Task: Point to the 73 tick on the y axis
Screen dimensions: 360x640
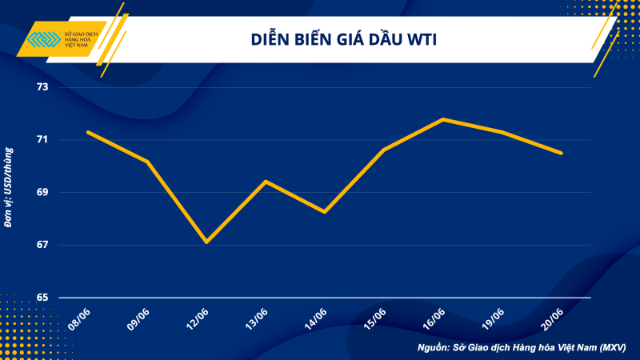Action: pyautogui.click(x=41, y=87)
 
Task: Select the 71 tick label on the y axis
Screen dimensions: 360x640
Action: pyautogui.click(x=41, y=140)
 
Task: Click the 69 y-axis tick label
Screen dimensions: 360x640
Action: pyautogui.click(x=41, y=193)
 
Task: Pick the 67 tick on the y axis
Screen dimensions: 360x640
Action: pyautogui.click(x=41, y=245)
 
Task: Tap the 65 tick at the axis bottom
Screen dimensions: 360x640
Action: pyautogui.click(x=41, y=298)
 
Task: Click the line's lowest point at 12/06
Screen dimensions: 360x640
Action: pyautogui.click(x=206, y=242)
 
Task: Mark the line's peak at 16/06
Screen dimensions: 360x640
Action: pyautogui.click(x=443, y=119)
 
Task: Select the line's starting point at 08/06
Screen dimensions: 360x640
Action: pyautogui.click(x=88, y=132)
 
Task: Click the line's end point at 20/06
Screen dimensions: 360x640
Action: pyautogui.click(x=562, y=153)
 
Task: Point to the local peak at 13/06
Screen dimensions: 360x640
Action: pyautogui.click(x=266, y=182)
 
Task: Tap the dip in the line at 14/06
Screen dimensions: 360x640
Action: pyautogui.click(x=325, y=212)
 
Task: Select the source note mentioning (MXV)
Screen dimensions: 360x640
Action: pyautogui.click(x=521, y=348)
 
